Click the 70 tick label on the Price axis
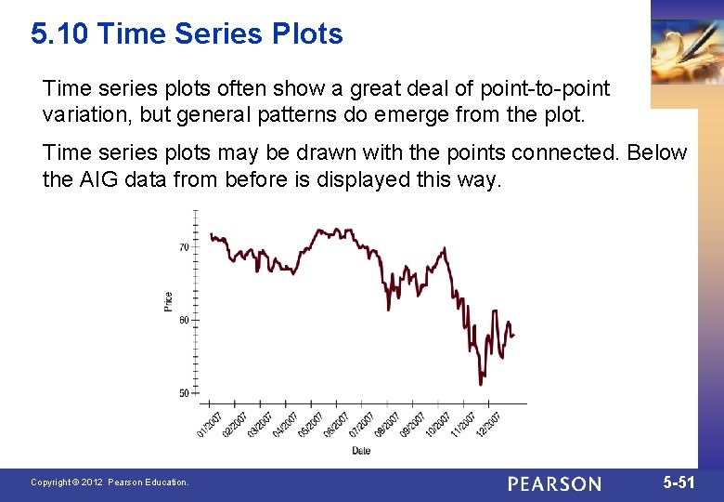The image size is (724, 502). coord(184,247)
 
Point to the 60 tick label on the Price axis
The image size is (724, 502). coord(184,320)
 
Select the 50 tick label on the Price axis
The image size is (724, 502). coord(184,393)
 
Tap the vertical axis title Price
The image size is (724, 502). coord(168,301)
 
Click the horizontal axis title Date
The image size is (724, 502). coord(361,451)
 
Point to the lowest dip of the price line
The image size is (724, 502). coord(481,383)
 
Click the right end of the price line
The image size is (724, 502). coord(514,336)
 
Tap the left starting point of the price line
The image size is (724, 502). coord(211,234)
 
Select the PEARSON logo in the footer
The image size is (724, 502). coord(554,483)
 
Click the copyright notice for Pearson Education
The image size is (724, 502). coord(110,482)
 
